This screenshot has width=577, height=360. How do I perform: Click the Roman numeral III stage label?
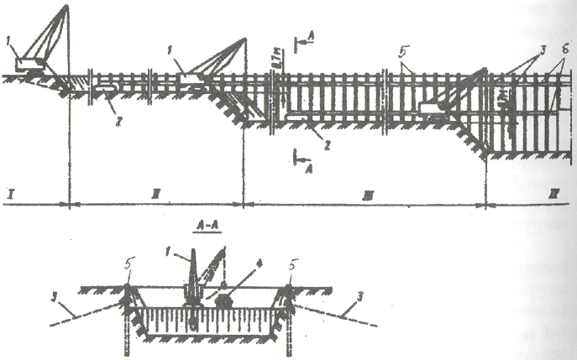[x=367, y=196]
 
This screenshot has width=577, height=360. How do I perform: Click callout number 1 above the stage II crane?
[x=171, y=61]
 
